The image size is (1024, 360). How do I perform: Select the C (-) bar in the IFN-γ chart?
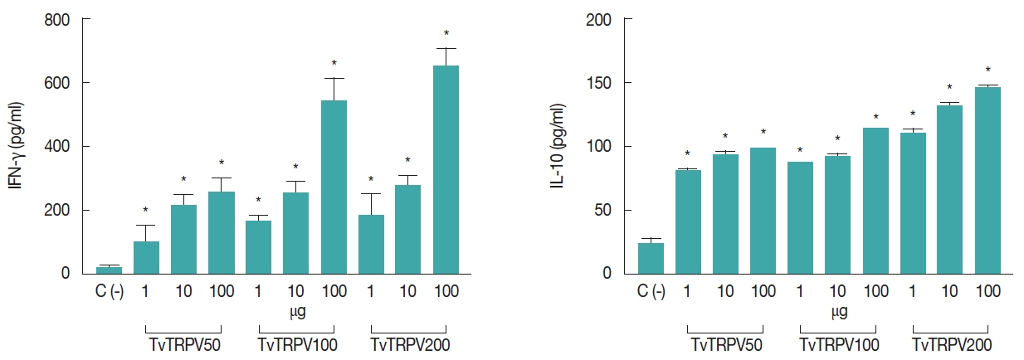[109, 270]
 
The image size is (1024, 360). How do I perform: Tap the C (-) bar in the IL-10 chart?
[651, 258]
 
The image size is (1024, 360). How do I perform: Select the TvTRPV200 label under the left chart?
[410, 344]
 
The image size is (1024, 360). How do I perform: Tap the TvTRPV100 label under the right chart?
[839, 344]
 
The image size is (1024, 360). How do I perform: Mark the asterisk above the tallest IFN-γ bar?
[446, 35]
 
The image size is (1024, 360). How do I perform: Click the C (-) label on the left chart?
[109, 292]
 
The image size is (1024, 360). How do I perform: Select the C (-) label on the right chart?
[651, 292]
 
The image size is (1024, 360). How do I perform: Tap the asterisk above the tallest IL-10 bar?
[987, 71]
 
